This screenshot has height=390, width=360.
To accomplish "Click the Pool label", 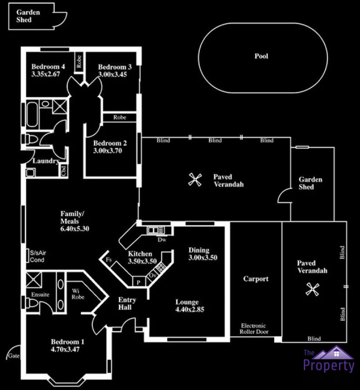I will point(261,56).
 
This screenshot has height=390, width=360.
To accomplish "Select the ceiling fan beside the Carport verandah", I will point(311,289).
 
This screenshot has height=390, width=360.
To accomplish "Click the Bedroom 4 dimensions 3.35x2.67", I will point(46,74).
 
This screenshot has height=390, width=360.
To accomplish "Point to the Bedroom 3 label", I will point(115,67).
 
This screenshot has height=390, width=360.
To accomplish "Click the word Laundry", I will point(45,161).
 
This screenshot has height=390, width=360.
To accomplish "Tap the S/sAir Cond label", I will point(38,256).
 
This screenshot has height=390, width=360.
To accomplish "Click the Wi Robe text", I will point(78,294).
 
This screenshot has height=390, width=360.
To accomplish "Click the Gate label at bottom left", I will point(13,356).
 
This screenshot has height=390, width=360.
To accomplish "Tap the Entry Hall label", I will point(127,304).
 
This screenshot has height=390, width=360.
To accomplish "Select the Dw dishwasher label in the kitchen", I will point(162,240).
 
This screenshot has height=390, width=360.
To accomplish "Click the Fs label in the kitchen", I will point(108,259).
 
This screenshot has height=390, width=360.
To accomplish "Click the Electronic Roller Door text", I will point(254,329).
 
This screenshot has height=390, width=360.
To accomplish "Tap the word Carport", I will point(255,279).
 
